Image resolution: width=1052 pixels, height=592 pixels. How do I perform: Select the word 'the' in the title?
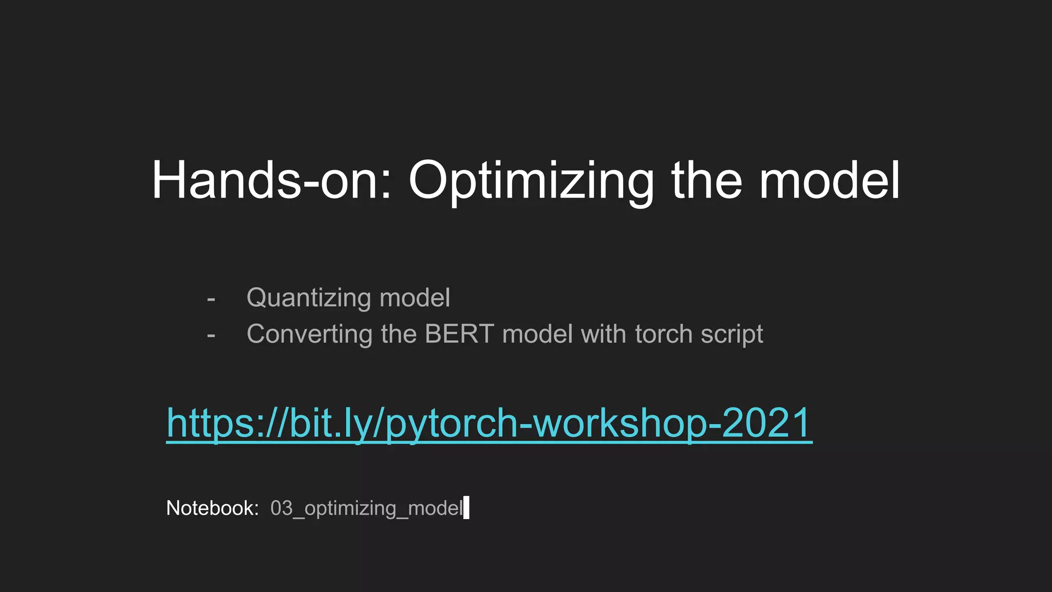707,180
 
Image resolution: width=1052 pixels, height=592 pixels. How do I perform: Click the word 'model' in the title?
829,180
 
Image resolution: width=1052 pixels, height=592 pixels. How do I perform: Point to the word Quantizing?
309,298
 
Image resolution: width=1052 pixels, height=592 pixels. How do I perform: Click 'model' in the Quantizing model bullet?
415,298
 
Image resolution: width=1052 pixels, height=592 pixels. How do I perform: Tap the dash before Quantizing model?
211,298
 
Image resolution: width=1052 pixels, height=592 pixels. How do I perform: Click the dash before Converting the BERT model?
211,335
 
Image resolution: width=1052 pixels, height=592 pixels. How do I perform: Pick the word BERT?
459,334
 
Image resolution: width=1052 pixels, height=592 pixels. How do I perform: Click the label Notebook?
212,508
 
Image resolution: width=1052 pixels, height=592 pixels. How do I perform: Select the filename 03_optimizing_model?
366,508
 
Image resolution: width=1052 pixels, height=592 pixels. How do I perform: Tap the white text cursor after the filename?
466,508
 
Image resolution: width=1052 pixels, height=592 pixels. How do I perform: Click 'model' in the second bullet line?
537,334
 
